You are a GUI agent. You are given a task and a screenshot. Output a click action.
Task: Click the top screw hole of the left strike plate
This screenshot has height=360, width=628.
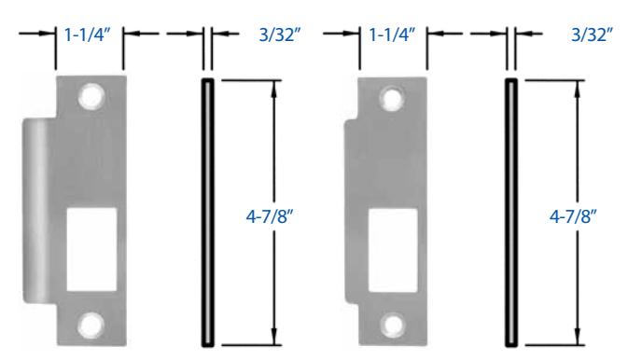pos(91,96)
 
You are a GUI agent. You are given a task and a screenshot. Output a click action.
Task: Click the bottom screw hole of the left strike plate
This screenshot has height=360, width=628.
pos(91,325)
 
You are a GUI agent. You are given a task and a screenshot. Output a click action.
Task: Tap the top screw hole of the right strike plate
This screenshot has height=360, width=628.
pos(392,99)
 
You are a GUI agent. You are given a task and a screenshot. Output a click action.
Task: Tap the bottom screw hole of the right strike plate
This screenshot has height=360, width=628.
pos(393,325)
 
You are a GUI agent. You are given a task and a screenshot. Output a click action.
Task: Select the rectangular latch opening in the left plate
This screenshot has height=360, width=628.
pos(91,249)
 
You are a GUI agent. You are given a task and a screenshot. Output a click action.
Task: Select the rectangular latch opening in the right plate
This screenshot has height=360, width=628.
pos(393,250)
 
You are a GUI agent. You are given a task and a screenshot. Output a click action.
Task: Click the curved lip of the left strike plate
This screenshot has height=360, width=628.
pos(39,211)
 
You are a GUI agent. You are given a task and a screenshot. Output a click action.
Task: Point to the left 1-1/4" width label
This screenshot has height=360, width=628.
pos(88,35)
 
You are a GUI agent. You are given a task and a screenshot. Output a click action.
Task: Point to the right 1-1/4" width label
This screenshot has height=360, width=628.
pos(392,35)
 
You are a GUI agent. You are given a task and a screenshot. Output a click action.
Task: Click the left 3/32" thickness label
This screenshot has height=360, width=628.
pos(280,35)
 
